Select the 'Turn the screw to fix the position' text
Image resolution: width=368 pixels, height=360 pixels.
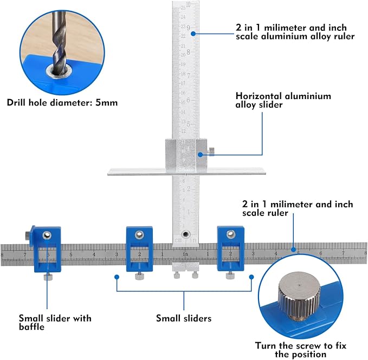point(300,350)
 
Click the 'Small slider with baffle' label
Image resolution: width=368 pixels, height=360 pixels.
point(55,323)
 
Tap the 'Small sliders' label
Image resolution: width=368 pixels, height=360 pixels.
point(183,318)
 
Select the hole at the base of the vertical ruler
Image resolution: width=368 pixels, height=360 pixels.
point(186,234)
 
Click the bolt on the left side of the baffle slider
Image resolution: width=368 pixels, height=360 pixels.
point(27,235)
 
